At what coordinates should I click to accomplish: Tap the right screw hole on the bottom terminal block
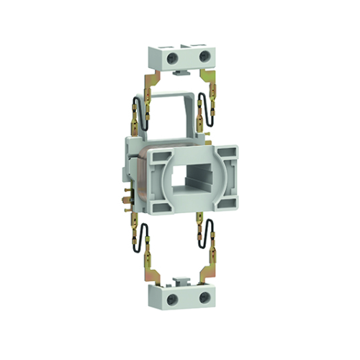204,296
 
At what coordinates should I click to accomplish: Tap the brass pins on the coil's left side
130,194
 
